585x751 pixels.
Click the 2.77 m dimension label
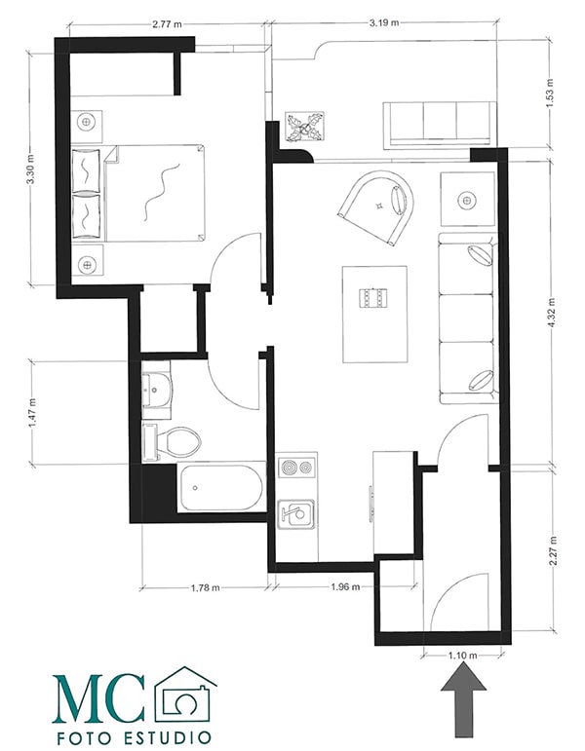pos(167,24)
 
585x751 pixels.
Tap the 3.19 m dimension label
pos(384,22)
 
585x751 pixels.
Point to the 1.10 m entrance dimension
pos(463,655)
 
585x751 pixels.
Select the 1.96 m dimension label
pos(345,586)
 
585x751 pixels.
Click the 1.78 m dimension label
pos(205,587)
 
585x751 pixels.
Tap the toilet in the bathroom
pos(172,442)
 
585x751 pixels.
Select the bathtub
pos(221,487)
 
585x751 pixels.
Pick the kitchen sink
pos(296,514)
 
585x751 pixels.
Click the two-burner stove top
pos(296,467)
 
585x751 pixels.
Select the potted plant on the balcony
pos(304,127)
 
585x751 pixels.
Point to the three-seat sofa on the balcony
pos(439,123)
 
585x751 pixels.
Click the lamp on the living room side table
pos(467,200)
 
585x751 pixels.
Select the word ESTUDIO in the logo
pos(161,737)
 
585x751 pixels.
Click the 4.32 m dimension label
pos(552,314)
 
